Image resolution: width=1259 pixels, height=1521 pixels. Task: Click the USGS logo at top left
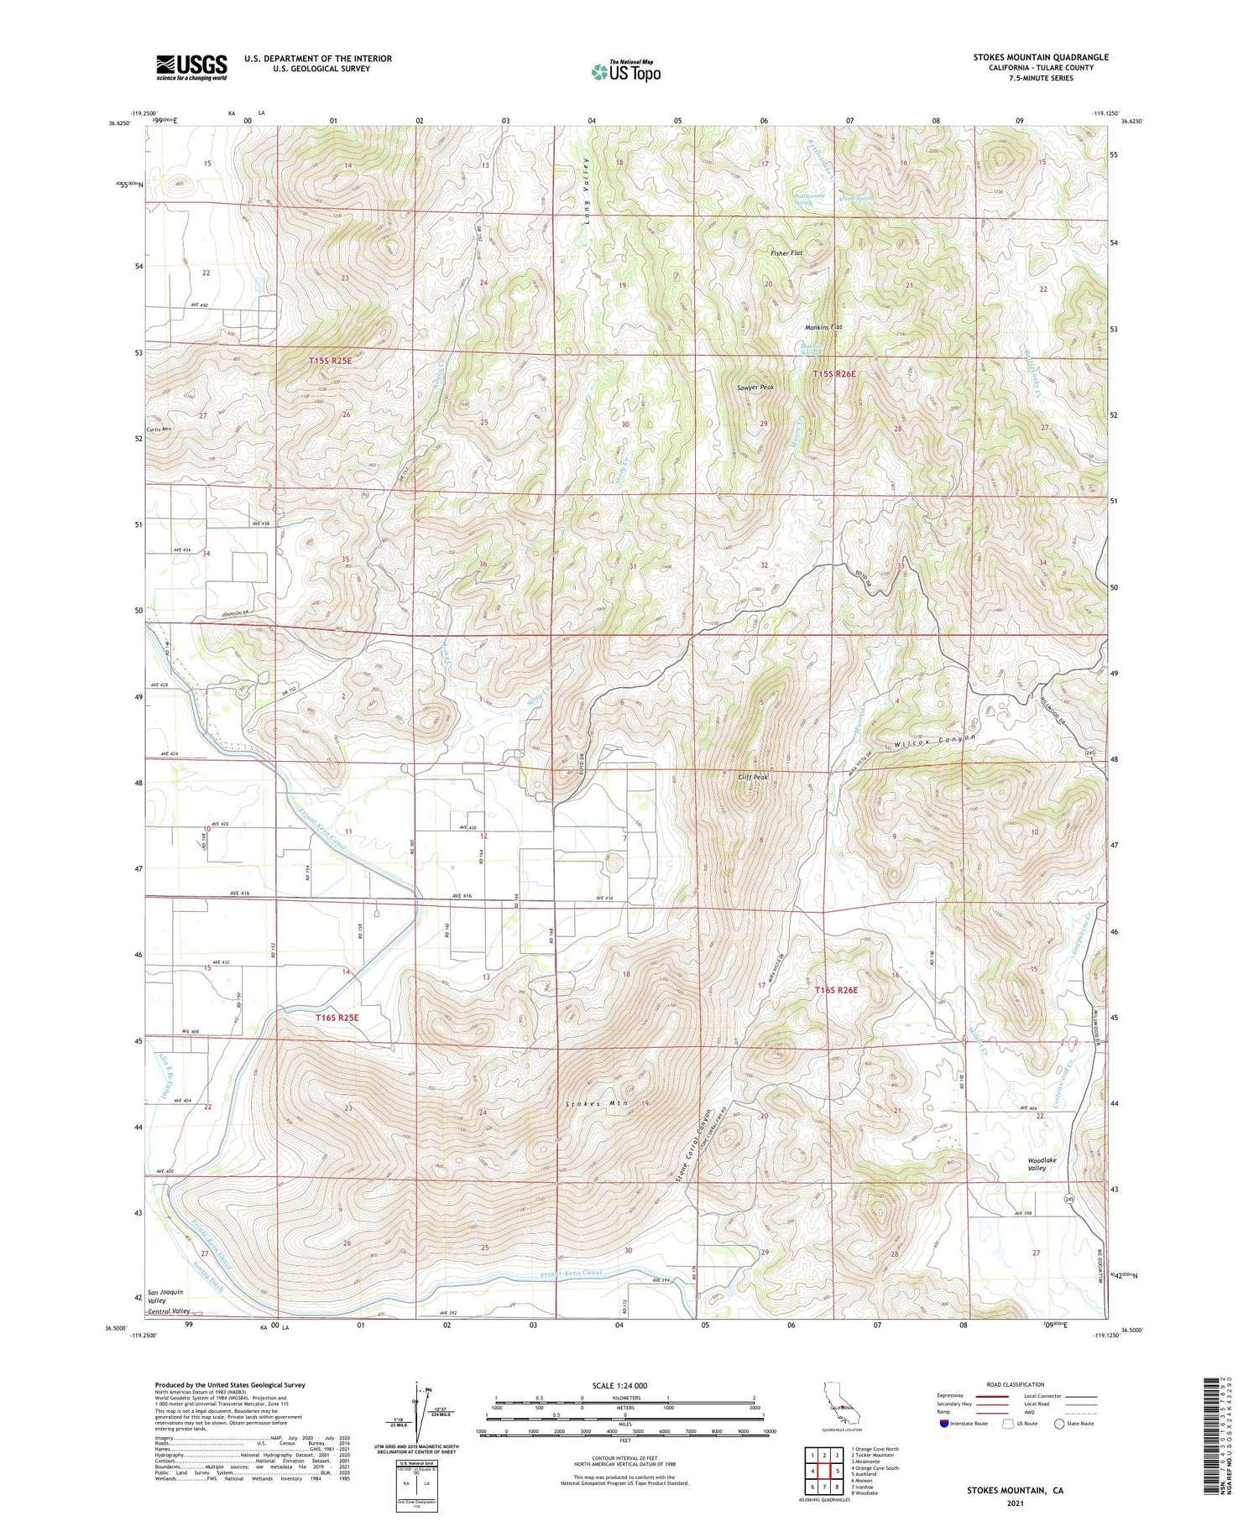click(191, 67)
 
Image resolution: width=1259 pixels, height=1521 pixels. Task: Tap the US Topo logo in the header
click(625, 72)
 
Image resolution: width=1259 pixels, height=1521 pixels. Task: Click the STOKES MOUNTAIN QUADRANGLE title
click(1040, 57)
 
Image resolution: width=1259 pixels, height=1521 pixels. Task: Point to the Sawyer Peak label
click(755, 388)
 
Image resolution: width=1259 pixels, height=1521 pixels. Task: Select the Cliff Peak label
click(752, 777)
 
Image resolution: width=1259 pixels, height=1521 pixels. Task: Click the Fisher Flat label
click(786, 253)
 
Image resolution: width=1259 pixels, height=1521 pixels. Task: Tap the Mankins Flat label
click(823, 327)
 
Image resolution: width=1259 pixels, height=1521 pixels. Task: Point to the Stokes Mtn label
click(597, 1104)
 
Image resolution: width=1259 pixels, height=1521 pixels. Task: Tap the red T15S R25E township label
click(330, 360)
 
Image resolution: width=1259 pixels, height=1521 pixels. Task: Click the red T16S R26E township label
click(836, 990)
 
